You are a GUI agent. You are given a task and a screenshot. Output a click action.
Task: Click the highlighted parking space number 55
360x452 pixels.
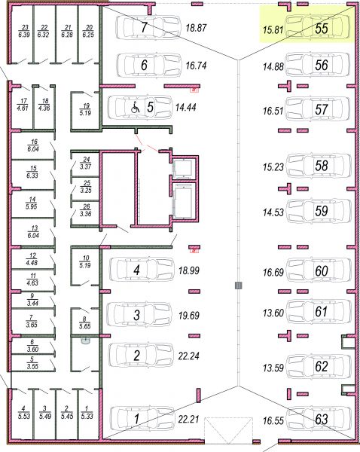(x=322, y=29)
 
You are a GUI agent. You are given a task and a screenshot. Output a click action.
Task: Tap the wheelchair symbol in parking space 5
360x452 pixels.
(x=135, y=107)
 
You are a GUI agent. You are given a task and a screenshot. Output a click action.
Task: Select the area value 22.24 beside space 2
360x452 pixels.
(x=188, y=356)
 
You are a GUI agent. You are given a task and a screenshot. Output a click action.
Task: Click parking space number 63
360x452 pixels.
(x=322, y=419)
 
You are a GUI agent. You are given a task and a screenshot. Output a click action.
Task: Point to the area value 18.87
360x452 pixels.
(x=196, y=28)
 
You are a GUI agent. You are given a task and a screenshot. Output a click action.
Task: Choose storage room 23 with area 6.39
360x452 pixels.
(x=25, y=31)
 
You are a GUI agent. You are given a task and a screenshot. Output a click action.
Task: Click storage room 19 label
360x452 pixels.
(x=85, y=109)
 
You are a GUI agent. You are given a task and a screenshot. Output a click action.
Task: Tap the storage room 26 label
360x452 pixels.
(x=86, y=210)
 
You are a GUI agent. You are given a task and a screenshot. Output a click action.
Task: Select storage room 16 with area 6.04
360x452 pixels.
(x=33, y=145)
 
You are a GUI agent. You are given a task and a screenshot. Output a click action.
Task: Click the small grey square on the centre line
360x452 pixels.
(x=238, y=286)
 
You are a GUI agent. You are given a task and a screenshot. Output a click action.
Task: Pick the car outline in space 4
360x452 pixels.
(x=142, y=270)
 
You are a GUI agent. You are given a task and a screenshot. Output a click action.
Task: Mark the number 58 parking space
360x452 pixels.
(x=322, y=165)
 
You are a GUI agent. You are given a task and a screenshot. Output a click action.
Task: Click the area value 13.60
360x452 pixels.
(x=273, y=313)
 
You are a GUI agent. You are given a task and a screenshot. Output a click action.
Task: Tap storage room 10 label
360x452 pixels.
(x=85, y=261)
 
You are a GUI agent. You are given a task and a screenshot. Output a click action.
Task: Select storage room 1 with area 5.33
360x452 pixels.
(x=87, y=413)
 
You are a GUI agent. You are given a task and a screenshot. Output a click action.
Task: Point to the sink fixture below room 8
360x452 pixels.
(x=85, y=341)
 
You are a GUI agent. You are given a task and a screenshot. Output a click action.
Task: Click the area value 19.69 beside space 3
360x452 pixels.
(x=189, y=316)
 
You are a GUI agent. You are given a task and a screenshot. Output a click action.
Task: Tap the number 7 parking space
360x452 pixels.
(x=144, y=28)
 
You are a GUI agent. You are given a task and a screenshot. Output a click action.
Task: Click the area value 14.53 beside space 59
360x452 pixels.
(x=273, y=212)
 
